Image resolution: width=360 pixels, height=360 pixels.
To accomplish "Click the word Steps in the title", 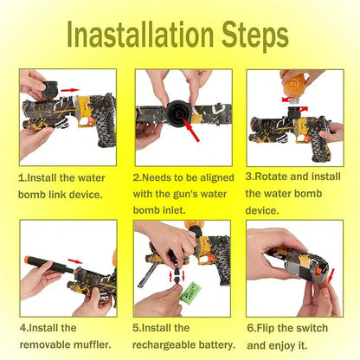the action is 255,35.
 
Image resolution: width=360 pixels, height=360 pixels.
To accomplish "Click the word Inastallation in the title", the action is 140,34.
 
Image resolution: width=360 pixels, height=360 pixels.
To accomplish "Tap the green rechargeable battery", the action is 190,292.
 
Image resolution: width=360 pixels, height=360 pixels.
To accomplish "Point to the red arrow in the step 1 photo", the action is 70,90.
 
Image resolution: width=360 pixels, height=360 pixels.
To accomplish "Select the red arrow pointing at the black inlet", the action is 190,130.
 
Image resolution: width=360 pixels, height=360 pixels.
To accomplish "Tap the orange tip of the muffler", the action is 29,259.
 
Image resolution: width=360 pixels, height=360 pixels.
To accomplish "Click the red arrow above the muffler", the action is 75,261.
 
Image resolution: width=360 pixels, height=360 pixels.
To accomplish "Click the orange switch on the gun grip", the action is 318,272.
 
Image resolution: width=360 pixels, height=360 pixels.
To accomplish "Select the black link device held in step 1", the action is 49,88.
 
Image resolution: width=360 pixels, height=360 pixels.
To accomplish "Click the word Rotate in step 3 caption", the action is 271,177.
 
